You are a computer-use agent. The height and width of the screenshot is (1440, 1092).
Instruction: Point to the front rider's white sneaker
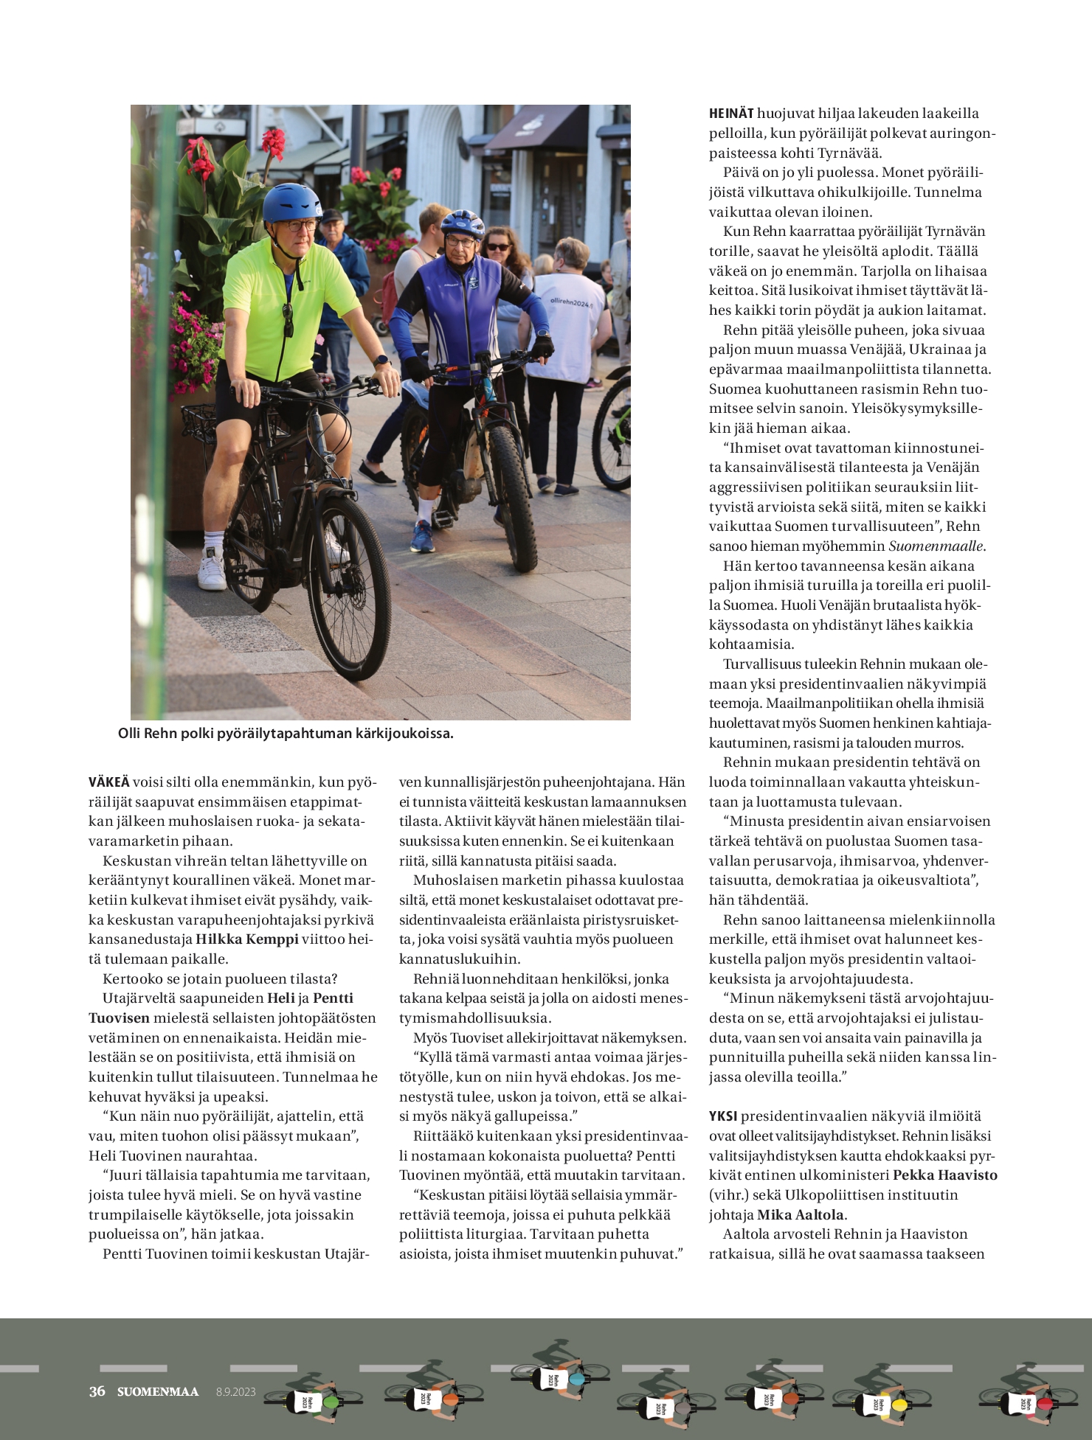[212, 568]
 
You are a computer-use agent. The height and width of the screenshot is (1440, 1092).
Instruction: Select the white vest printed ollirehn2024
[568, 317]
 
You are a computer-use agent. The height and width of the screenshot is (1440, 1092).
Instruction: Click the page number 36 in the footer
[97, 1391]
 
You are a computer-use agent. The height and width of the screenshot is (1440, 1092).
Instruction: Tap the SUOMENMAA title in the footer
[158, 1391]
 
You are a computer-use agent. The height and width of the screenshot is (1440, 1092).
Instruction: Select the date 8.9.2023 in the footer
[235, 1392]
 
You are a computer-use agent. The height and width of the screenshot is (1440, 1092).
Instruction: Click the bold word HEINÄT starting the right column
[731, 114]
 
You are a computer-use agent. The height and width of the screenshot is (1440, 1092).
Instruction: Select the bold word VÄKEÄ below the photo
[108, 782]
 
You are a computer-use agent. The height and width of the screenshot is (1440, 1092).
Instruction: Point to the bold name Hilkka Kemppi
[246, 939]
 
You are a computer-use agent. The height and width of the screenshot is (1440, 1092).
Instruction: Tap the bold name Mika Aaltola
[801, 1214]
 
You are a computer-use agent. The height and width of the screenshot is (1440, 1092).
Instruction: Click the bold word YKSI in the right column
[723, 1116]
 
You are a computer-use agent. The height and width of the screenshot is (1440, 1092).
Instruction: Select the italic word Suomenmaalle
[936, 546]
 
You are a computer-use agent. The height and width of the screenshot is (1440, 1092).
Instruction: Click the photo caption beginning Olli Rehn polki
[286, 734]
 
